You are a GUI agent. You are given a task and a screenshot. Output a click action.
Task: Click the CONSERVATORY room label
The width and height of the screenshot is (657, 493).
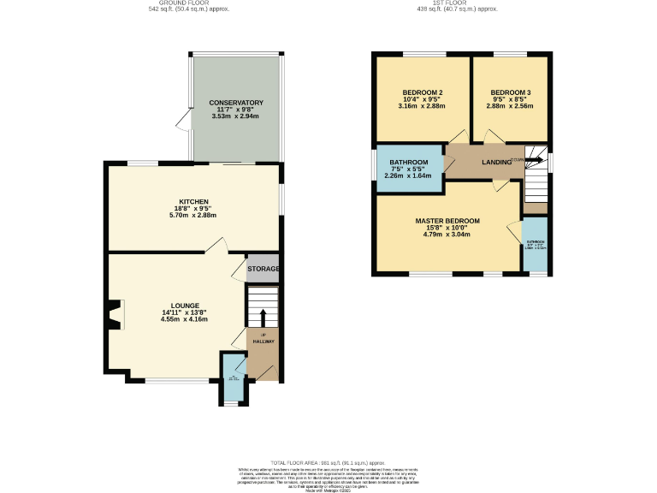236,103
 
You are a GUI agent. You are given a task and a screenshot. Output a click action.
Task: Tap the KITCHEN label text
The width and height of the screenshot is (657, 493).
194,201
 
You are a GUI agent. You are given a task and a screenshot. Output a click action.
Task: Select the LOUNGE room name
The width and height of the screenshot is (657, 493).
185,306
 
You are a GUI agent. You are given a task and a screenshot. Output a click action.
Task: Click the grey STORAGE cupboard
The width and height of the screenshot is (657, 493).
263,269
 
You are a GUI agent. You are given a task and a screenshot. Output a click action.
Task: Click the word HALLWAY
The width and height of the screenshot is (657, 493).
263,342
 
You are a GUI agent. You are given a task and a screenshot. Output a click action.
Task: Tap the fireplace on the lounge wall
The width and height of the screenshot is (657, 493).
115,314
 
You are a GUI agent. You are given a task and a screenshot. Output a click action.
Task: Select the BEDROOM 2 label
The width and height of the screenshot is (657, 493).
422,92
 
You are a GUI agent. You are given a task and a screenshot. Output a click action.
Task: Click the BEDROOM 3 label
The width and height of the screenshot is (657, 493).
511,92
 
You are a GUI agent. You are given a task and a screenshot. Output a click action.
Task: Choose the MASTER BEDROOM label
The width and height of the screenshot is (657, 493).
447,221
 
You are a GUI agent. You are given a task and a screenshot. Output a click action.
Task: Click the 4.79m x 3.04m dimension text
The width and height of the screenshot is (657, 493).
447,235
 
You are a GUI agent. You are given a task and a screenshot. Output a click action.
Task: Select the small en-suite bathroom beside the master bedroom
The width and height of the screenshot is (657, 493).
535,246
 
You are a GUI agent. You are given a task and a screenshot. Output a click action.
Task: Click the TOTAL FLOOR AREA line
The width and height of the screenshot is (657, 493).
328,460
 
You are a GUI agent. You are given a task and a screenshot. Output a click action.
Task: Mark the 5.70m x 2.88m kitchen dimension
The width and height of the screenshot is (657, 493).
194,215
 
